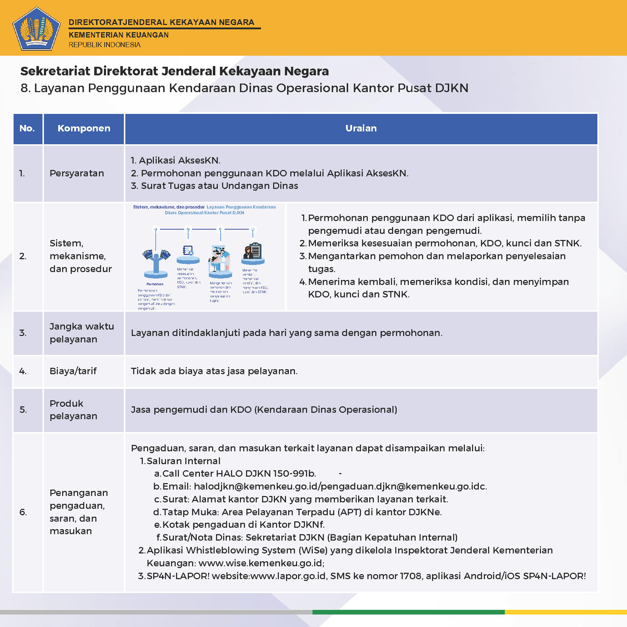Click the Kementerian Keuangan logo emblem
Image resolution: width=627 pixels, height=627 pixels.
(36, 29)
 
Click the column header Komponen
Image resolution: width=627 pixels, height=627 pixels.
(84, 129)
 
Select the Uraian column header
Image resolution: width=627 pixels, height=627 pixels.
(361, 129)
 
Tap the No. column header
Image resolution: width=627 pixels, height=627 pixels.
(27, 129)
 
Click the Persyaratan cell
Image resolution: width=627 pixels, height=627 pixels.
(77, 174)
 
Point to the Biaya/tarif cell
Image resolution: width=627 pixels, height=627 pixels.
(73, 371)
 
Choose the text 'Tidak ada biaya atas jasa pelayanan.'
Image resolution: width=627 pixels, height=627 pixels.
(214, 371)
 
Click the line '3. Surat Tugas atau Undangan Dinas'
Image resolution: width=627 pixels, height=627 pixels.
(214, 186)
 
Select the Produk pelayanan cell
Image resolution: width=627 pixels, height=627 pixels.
(73, 410)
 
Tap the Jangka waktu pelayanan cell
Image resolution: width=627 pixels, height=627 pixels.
(81, 333)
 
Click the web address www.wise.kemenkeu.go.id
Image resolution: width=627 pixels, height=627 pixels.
(261, 563)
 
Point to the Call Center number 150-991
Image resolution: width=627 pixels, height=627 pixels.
(293, 473)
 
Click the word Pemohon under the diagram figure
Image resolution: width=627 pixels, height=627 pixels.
(155, 284)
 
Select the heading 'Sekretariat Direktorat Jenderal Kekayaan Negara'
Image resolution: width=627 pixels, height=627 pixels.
(175, 71)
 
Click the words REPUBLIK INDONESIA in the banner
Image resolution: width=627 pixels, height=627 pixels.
(105, 45)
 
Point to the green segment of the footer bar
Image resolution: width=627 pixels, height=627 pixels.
(408, 612)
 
